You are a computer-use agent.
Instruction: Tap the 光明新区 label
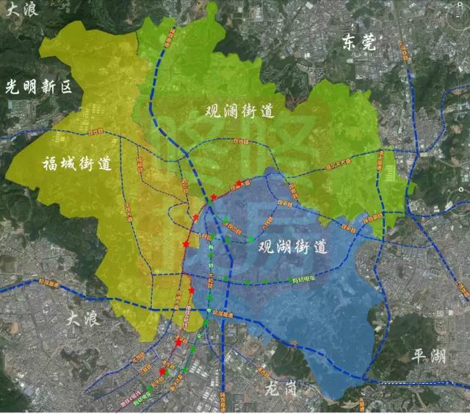click(39, 87)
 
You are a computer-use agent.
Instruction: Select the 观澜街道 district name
click(239, 112)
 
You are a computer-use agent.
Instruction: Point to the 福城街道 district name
click(76, 163)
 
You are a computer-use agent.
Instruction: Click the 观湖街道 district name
click(293, 248)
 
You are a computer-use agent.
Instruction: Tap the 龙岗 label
click(280, 386)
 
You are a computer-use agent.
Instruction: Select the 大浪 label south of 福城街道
click(82, 318)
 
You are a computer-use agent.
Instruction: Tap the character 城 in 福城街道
click(67, 163)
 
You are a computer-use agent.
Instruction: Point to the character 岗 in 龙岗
click(289, 386)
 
